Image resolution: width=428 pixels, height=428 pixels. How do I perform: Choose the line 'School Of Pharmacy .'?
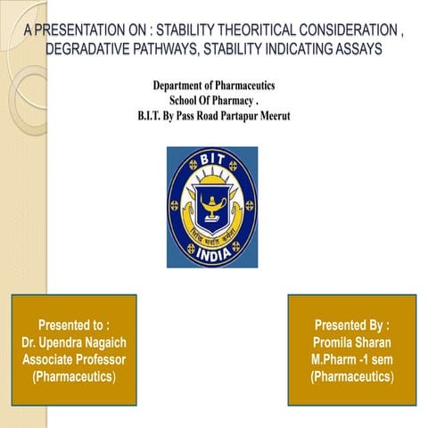click(213, 100)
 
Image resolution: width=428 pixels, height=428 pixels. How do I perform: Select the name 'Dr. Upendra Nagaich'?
click(74, 342)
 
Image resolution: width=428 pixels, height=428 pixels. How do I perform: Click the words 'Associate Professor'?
click(74, 358)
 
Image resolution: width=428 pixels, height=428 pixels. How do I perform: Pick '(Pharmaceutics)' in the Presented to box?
click(74, 376)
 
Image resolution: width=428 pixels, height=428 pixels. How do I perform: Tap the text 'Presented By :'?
click(351, 325)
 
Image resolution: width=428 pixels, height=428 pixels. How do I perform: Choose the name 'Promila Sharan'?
click(351, 342)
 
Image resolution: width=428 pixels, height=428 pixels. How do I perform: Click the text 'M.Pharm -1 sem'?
click(351, 358)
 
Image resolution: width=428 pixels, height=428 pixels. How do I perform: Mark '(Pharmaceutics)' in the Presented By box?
click(351, 376)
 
